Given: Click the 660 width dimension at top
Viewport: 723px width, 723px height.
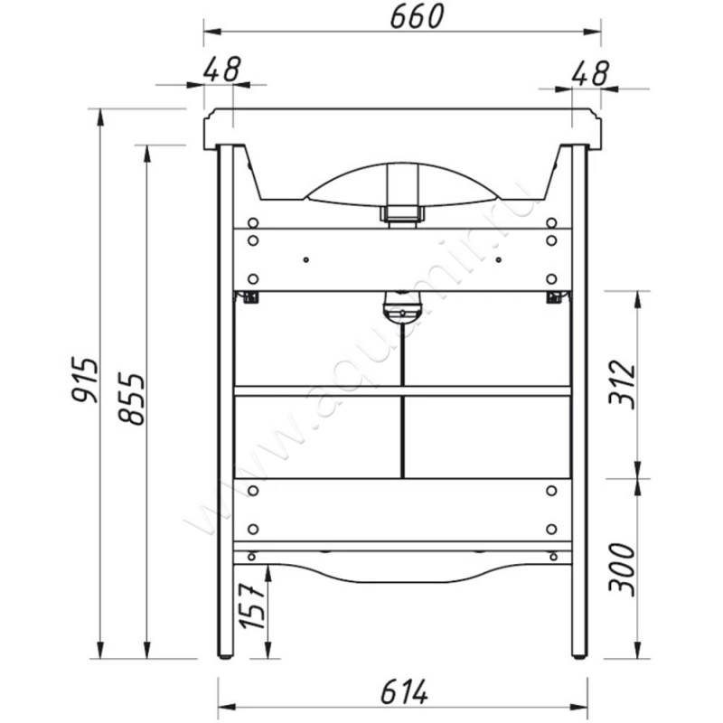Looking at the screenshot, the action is click(x=417, y=16).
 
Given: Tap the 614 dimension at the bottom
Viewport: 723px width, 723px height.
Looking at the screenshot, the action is click(x=404, y=691).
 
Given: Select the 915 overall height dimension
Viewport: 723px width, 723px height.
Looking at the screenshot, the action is click(x=85, y=379).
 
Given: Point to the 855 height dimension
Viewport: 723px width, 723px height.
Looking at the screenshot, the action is click(x=131, y=399).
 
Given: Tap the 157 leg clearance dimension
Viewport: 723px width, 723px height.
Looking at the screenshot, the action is click(x=252, y=606).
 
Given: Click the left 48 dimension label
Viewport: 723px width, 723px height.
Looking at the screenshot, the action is click(x=221, y=70).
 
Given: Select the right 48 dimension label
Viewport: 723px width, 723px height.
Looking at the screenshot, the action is click(x=590, y=73).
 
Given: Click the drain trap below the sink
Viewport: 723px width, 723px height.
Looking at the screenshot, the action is click(x=402, y=306).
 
